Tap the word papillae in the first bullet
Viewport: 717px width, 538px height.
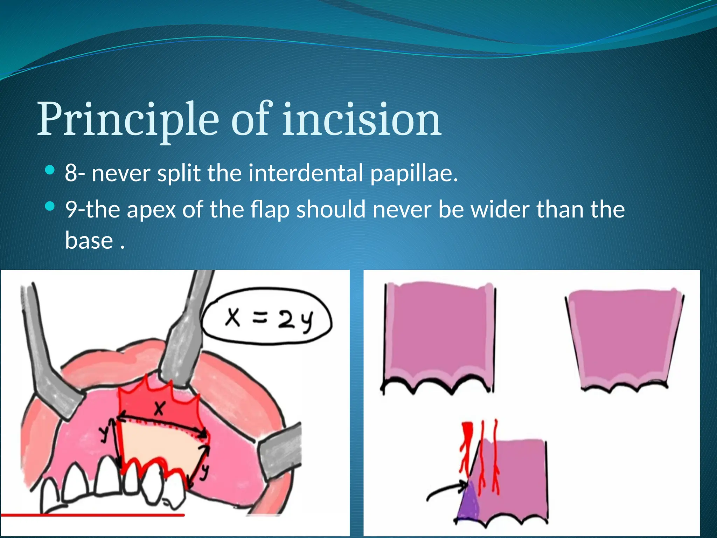coord(414,173)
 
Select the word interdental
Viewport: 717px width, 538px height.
coord(306,173)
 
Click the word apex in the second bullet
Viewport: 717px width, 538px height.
coord(151,209)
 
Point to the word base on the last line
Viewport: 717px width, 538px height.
coord(89,241)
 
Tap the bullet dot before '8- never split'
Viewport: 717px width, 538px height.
coord(50,171)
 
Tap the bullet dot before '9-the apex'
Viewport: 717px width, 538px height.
coord(50,207)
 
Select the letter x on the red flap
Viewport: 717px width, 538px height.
coord(159,408)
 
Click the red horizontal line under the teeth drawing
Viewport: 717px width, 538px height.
coord(92,515)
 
